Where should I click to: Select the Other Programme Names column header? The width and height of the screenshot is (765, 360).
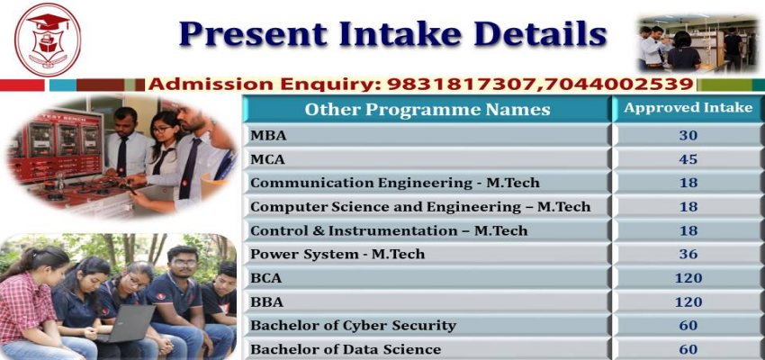click(x=427, y=110)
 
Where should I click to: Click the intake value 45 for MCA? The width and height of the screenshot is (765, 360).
click(x=688, y=159)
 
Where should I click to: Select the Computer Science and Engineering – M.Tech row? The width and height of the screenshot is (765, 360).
click(x=419, y=207)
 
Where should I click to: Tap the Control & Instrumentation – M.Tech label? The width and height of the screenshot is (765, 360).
click(x=388, y=230)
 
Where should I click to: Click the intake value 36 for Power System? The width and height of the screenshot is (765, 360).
click(x=688, y=254)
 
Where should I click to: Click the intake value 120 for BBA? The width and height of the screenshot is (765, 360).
click(x=688, y=301)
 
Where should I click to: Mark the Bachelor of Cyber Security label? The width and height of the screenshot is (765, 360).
click(x=353, y=325)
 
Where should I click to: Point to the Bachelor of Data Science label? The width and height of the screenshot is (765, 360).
click(x=346, y=348)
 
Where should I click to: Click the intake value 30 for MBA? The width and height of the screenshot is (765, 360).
click(x=688, y=136)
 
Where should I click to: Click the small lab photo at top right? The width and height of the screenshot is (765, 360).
click(x=697, y=42)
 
